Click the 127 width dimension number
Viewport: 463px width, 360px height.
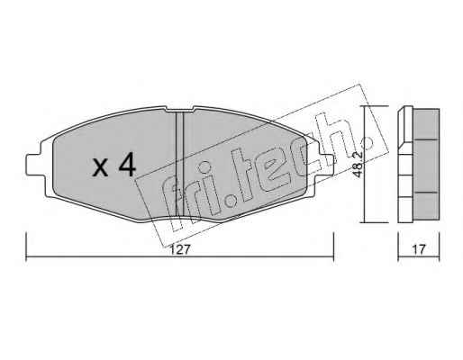(x=180, y=249)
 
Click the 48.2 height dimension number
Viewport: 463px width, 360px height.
(x=359, y=165)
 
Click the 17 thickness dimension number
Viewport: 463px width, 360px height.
(x=419, y=249)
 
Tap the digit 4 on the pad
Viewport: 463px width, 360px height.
(x=127, y=164)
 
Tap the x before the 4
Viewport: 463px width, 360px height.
(x=100, y=168)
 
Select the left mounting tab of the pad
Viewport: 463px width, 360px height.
(x=33, y=165)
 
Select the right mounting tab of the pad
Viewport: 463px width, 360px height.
(x=327, y=165)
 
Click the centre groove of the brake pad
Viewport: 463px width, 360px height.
(x=179, y=165)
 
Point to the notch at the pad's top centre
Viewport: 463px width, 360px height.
(x=179, y=110)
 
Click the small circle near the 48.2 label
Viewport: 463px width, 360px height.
(x=367, y=142)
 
